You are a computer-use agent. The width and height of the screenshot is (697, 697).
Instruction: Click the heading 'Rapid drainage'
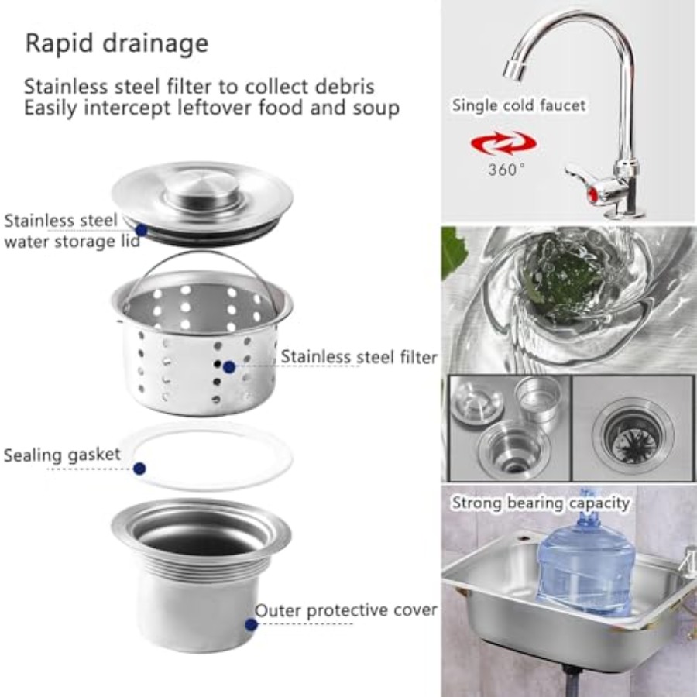117,43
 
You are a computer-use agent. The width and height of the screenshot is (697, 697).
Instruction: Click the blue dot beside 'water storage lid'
142,230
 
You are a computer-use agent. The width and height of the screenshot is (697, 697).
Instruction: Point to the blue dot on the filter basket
229,367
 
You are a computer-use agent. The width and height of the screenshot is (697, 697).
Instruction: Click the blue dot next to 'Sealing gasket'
139,468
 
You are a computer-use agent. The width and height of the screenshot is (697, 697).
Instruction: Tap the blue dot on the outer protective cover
251,624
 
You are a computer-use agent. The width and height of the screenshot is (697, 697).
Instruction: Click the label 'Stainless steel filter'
359,357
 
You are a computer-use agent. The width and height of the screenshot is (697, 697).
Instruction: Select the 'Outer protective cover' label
346,610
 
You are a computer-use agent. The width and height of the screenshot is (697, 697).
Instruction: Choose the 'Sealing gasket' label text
62,455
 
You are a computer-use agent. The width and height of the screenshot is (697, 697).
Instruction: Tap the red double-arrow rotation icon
503,144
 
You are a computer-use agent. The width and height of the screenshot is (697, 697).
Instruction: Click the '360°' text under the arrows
506,170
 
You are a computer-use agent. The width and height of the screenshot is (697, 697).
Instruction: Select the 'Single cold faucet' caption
519,105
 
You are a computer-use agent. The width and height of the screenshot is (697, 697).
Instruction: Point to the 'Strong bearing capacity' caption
541,503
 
